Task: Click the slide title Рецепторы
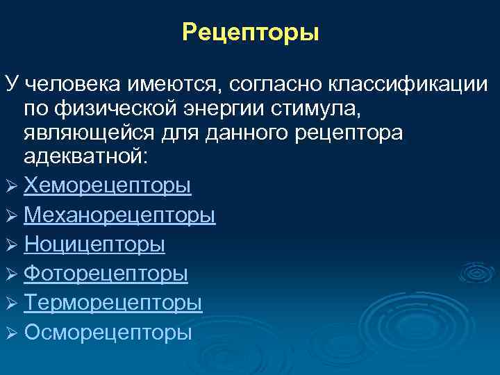250,33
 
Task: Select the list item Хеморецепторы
108,186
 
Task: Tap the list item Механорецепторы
119,215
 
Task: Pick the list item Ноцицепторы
94,244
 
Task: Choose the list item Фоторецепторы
106,274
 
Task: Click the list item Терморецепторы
113,303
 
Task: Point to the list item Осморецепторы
108,332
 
